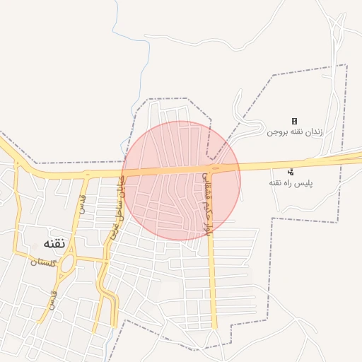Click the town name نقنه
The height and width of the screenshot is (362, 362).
(x=49, y=243)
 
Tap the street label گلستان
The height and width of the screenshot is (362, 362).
(x=43, y=262)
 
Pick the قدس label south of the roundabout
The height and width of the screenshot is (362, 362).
(x=51, y=300)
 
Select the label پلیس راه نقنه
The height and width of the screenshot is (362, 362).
(x=291, y=182)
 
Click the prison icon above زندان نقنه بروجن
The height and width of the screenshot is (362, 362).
(x=294, y=121)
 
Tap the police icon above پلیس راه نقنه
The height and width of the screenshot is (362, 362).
(x=291, y=172)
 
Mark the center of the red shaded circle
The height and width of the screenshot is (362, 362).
(x=182, y=180)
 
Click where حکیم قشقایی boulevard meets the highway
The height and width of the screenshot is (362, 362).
(x=212, y=169)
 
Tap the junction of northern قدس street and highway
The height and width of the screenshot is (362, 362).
(x=86, y=174)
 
